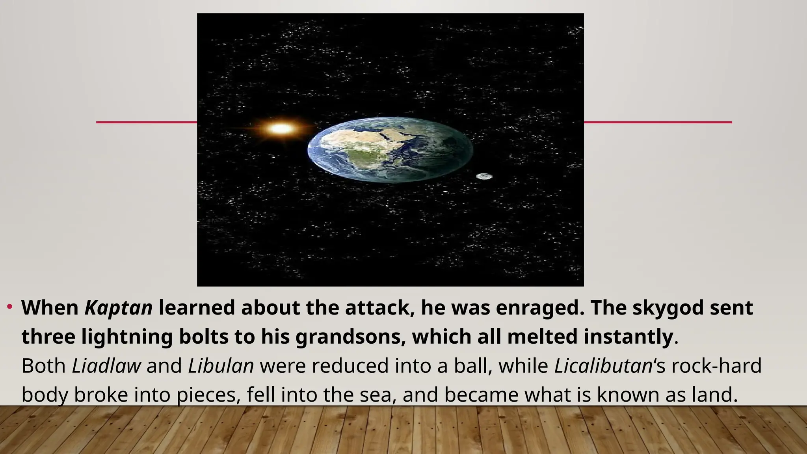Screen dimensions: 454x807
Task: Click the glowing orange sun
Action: point(281,128)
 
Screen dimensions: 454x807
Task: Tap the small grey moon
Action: point(484,176)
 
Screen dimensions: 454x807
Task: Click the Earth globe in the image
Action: point(390,150)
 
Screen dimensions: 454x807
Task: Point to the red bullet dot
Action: point(10,307)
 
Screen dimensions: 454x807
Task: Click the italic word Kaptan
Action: point(119,308)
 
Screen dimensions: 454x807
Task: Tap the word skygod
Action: point(668,308)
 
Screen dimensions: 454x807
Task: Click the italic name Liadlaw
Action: point(106,366)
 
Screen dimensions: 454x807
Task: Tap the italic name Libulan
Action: point(221,366)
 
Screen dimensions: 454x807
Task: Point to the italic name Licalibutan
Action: point(603,366)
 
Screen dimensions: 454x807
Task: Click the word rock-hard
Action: point(716,366)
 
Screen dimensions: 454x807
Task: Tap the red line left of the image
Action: point(146,122)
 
